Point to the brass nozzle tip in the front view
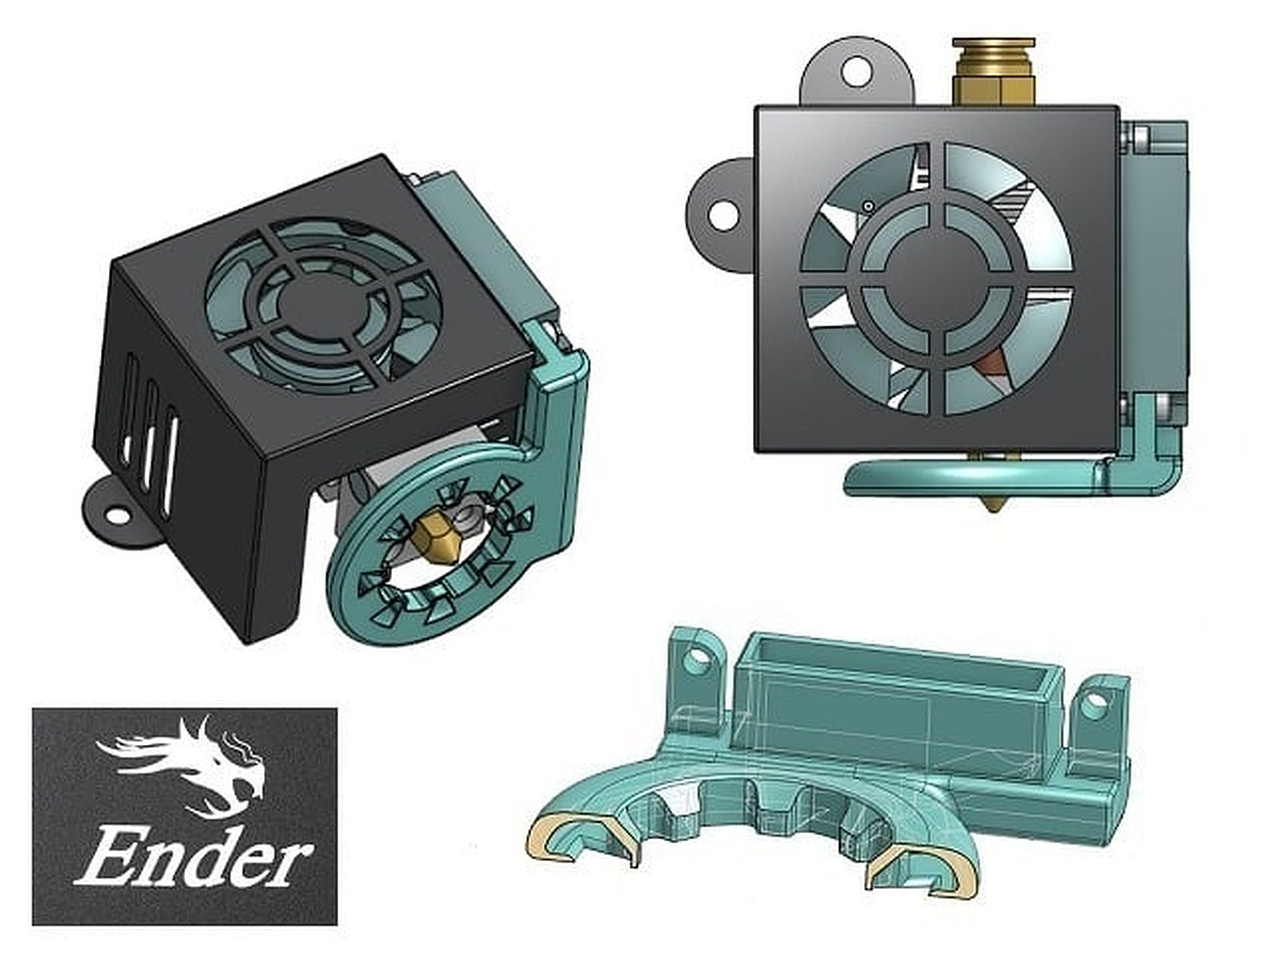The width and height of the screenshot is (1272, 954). coord(992,506)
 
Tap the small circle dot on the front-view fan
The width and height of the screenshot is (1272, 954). coord(867,206)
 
